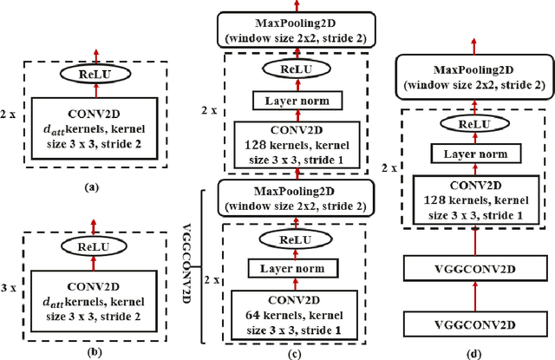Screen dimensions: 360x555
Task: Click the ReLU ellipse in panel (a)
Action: (x=95, y=76)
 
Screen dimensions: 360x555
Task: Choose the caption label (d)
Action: (x=474, y=351)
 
